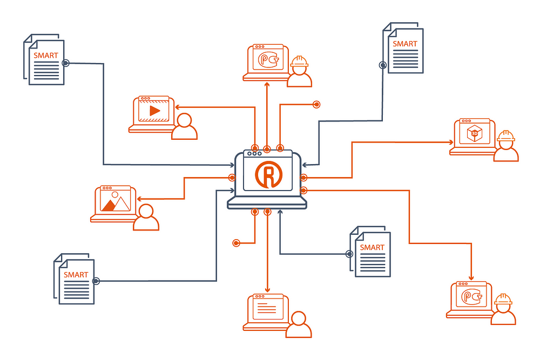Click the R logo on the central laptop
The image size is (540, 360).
pyautogui.click(x=267, y=174)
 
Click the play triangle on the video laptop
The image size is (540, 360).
pyautogui.click(x=155, y=111)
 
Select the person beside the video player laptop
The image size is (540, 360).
pyautogui.click(x=185, y=127)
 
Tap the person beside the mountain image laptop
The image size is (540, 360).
pyautogui.click(x=146, y=218)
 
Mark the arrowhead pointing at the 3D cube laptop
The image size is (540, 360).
pyautogui.click(x=451, y=142)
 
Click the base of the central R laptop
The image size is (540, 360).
pyautogui.click(x=267, y=202)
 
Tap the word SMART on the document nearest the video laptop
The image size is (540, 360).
pyautogui.click(x=46, y=55)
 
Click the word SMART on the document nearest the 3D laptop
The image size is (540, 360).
pyautogui.click(x=405, y=44)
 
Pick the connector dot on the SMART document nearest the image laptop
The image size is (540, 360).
pyautogui.click(x=96, y=281)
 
